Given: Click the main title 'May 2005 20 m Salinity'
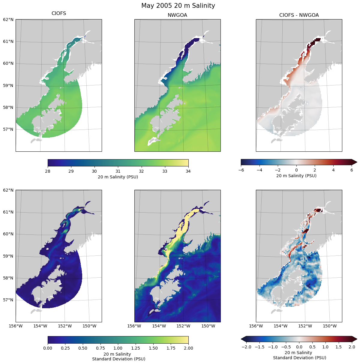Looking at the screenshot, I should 178,6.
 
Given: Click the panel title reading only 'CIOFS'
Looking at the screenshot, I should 59,13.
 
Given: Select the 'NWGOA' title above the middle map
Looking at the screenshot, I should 177,15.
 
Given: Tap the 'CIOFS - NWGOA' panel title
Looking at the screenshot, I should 299,15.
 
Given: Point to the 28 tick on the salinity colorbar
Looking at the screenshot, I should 48,171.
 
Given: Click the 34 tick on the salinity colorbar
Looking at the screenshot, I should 188,171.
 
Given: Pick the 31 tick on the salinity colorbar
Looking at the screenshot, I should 118,171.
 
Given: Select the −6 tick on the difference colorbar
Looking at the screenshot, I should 241,170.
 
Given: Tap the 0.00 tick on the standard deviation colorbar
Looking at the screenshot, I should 48,348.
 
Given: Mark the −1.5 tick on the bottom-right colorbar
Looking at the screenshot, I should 259,347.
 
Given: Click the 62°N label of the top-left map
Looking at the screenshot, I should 8,19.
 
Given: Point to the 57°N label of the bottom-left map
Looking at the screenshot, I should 8,300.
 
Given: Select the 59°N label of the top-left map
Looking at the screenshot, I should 8,85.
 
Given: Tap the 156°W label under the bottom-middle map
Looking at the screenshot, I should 134,326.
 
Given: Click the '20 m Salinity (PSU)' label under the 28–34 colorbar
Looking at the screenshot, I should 118,177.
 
